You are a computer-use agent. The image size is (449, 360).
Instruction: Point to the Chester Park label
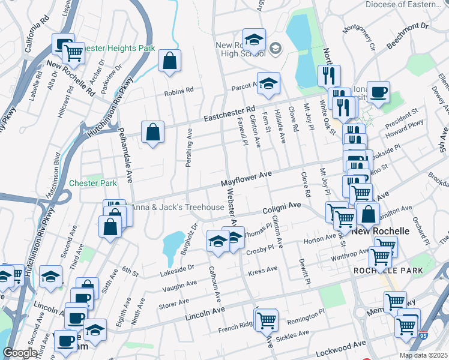[x=92, y=183]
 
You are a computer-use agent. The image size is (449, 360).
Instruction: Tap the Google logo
[x=20, y=353]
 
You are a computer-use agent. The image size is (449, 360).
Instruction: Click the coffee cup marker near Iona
[x=378, y=92]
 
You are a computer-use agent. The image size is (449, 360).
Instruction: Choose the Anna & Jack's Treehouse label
[x=178, y=208]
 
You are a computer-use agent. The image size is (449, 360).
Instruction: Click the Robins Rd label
[x=179, y=92]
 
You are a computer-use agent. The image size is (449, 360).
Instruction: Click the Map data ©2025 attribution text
[x=423, y=355]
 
